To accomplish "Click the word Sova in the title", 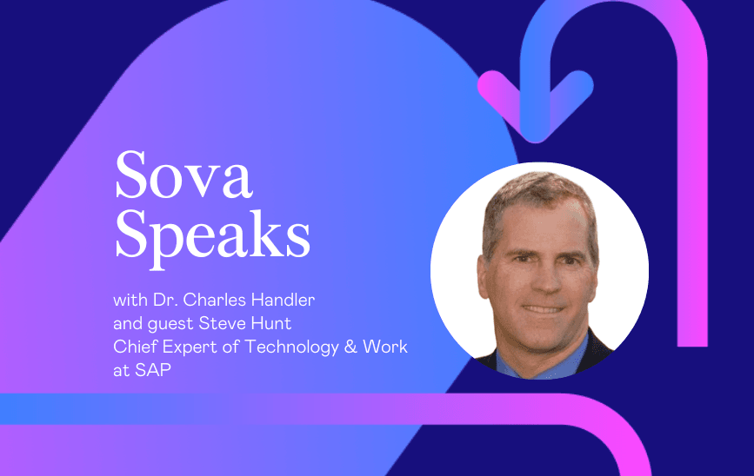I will coord(183,175).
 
